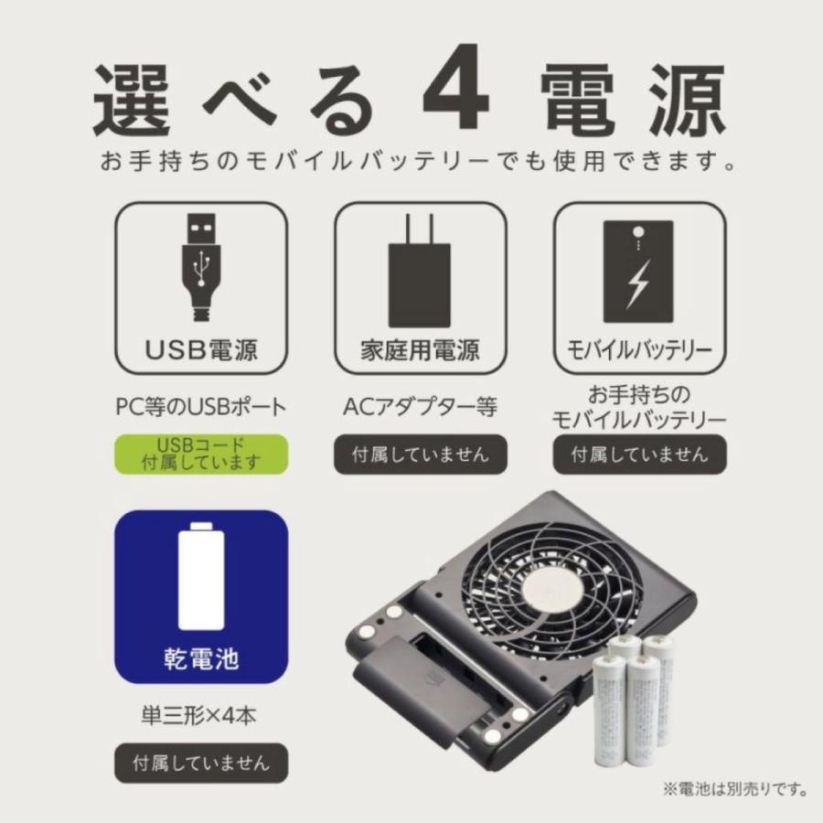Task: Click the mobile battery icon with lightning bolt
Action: pos(637,271)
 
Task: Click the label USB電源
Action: pos(201,351)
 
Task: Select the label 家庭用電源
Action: pos(419,351)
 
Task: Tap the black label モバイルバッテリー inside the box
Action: pos(639,351)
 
